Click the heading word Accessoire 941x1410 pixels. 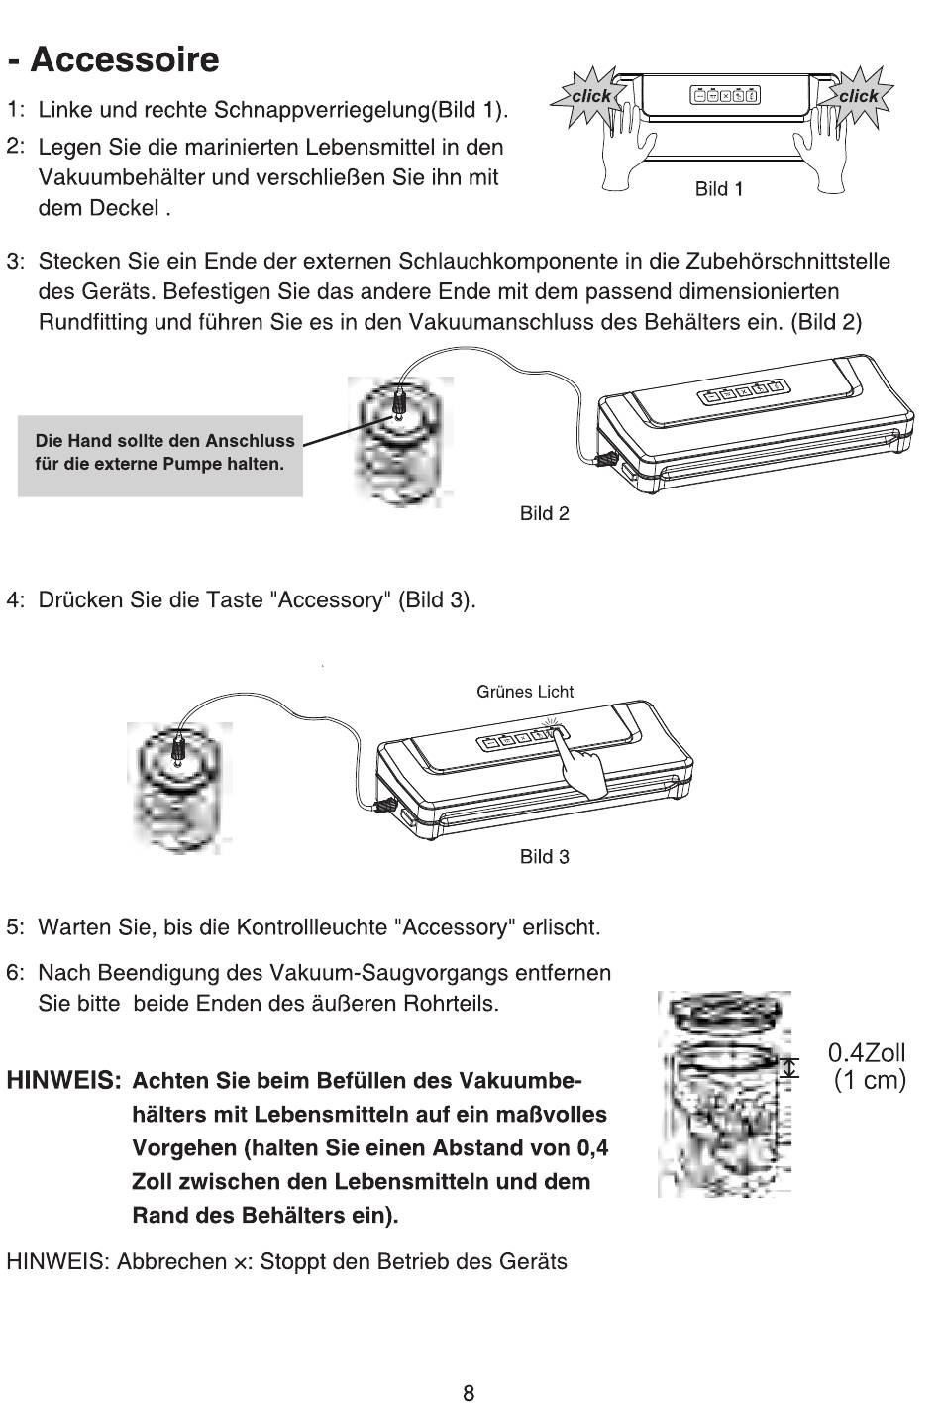(125, 59)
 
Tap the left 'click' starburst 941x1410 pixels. (590, 96)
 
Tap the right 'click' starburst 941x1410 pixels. (857, 96)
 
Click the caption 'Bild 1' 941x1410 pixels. (719, 189)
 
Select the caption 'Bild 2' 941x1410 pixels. (545, 513)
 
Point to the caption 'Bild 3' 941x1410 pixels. (545, 857)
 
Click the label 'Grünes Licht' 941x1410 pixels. (525, 692)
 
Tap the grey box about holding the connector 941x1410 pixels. (159, 456)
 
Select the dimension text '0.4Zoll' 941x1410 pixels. (867, 1052)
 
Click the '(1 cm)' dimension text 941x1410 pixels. (870, 1080)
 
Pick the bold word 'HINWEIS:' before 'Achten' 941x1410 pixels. (63, 1081)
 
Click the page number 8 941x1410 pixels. (469, 1393)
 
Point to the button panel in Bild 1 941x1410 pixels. (725, 96)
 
